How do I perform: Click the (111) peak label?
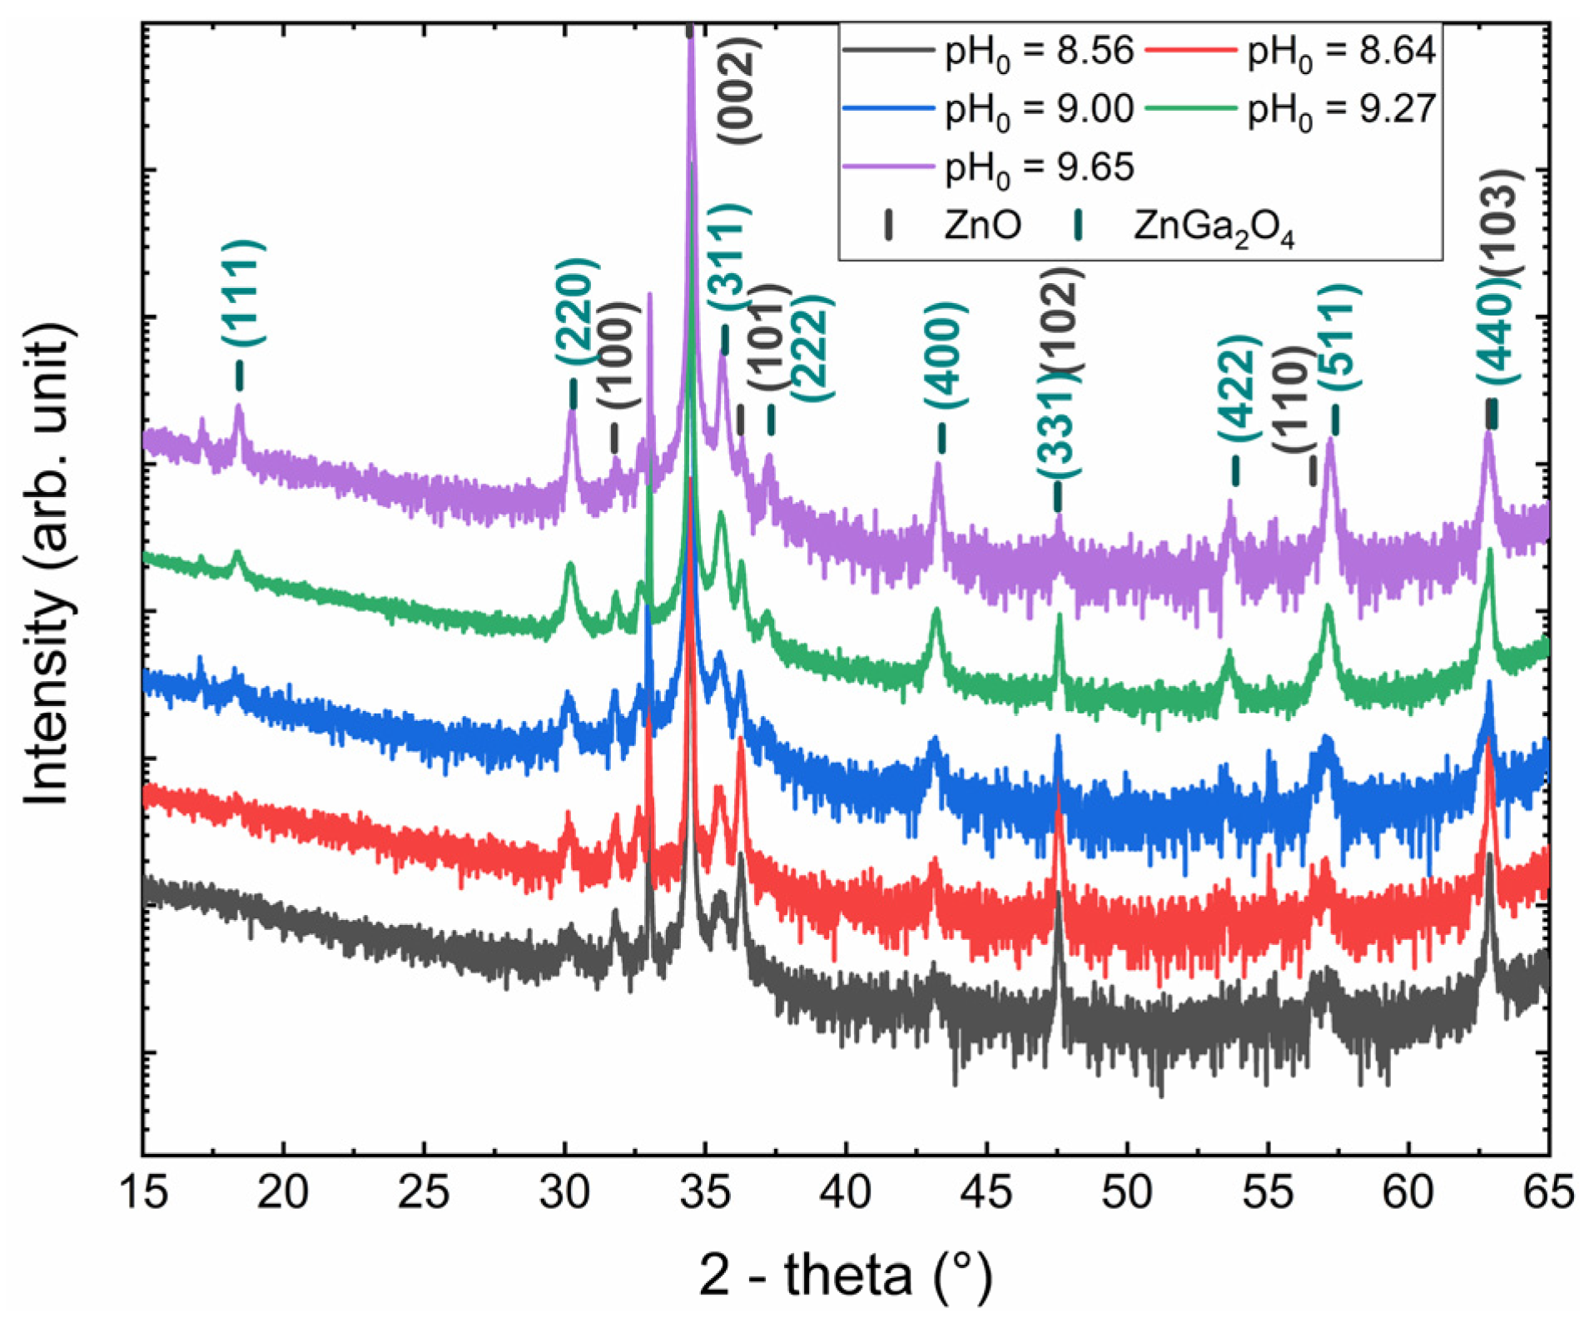243,292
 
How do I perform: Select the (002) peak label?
737,90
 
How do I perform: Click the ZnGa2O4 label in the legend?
1213,226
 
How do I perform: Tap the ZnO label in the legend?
982,226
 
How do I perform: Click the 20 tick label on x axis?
283,1193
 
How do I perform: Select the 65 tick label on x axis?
1547,1193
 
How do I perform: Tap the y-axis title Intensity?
48,566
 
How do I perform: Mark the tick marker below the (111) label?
240,376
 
